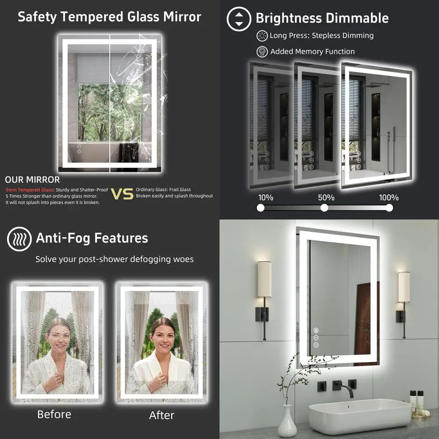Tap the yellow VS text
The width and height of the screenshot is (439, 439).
pyautogui.click(x=122, y=194)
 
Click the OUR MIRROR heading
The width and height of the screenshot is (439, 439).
pyautogui.click(x=32, y=180)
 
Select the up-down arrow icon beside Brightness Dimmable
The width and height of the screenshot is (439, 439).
pyautogui.click(x=238, y=19)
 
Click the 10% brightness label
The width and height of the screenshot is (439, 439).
pyautogui.click(x=266, y=198)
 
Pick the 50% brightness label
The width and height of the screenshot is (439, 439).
pyautogui.click(x=326, y=198)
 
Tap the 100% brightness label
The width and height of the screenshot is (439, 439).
pyautogui.click(x=389, y=198)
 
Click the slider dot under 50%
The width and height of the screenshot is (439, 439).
pyautogui.click(x=324, y=208)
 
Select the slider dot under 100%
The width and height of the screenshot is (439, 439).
pyautogui.click(x=389, y=208)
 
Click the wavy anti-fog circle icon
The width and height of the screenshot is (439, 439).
pyautogui.click(x=19, y=239)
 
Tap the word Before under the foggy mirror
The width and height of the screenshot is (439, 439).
pyautogui.click(x=54, y=414)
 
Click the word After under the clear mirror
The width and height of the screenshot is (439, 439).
pyautogui.click(x=162, y=415)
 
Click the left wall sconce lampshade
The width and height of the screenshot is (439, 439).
pyautogui.click(x=264, y=279)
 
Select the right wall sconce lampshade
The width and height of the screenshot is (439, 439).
pyautogui.click(x=404, y=287)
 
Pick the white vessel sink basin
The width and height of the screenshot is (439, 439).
pyautogui.click(x=360, y=415)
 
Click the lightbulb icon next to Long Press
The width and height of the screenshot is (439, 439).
pyautogui.click(x=262, y=36)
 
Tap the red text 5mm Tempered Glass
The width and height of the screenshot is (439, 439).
pyautogui.click(x=29, y=190)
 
